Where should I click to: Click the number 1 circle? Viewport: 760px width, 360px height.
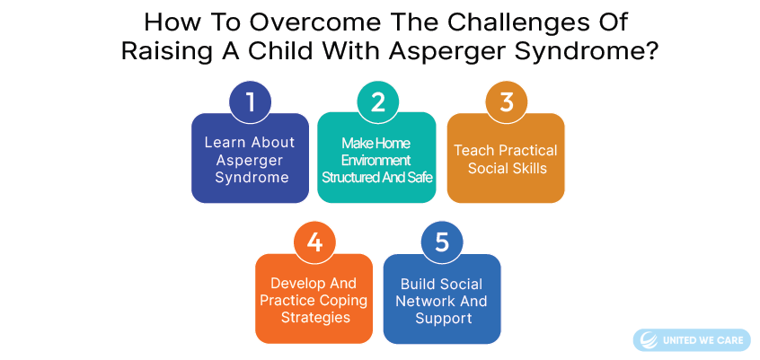[250, 102]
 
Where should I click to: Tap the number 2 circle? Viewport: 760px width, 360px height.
[377, 102]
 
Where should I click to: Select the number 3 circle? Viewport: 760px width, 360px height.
[507, 102]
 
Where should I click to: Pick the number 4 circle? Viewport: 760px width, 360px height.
[314, 242]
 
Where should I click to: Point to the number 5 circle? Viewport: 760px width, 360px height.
[442, 242]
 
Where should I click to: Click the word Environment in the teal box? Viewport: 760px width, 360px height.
[376, 161]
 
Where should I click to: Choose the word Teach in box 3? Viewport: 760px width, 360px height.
[472, 150]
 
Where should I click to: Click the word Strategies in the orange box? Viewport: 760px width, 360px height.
[315, 318]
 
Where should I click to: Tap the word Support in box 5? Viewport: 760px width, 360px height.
[444, 319]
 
